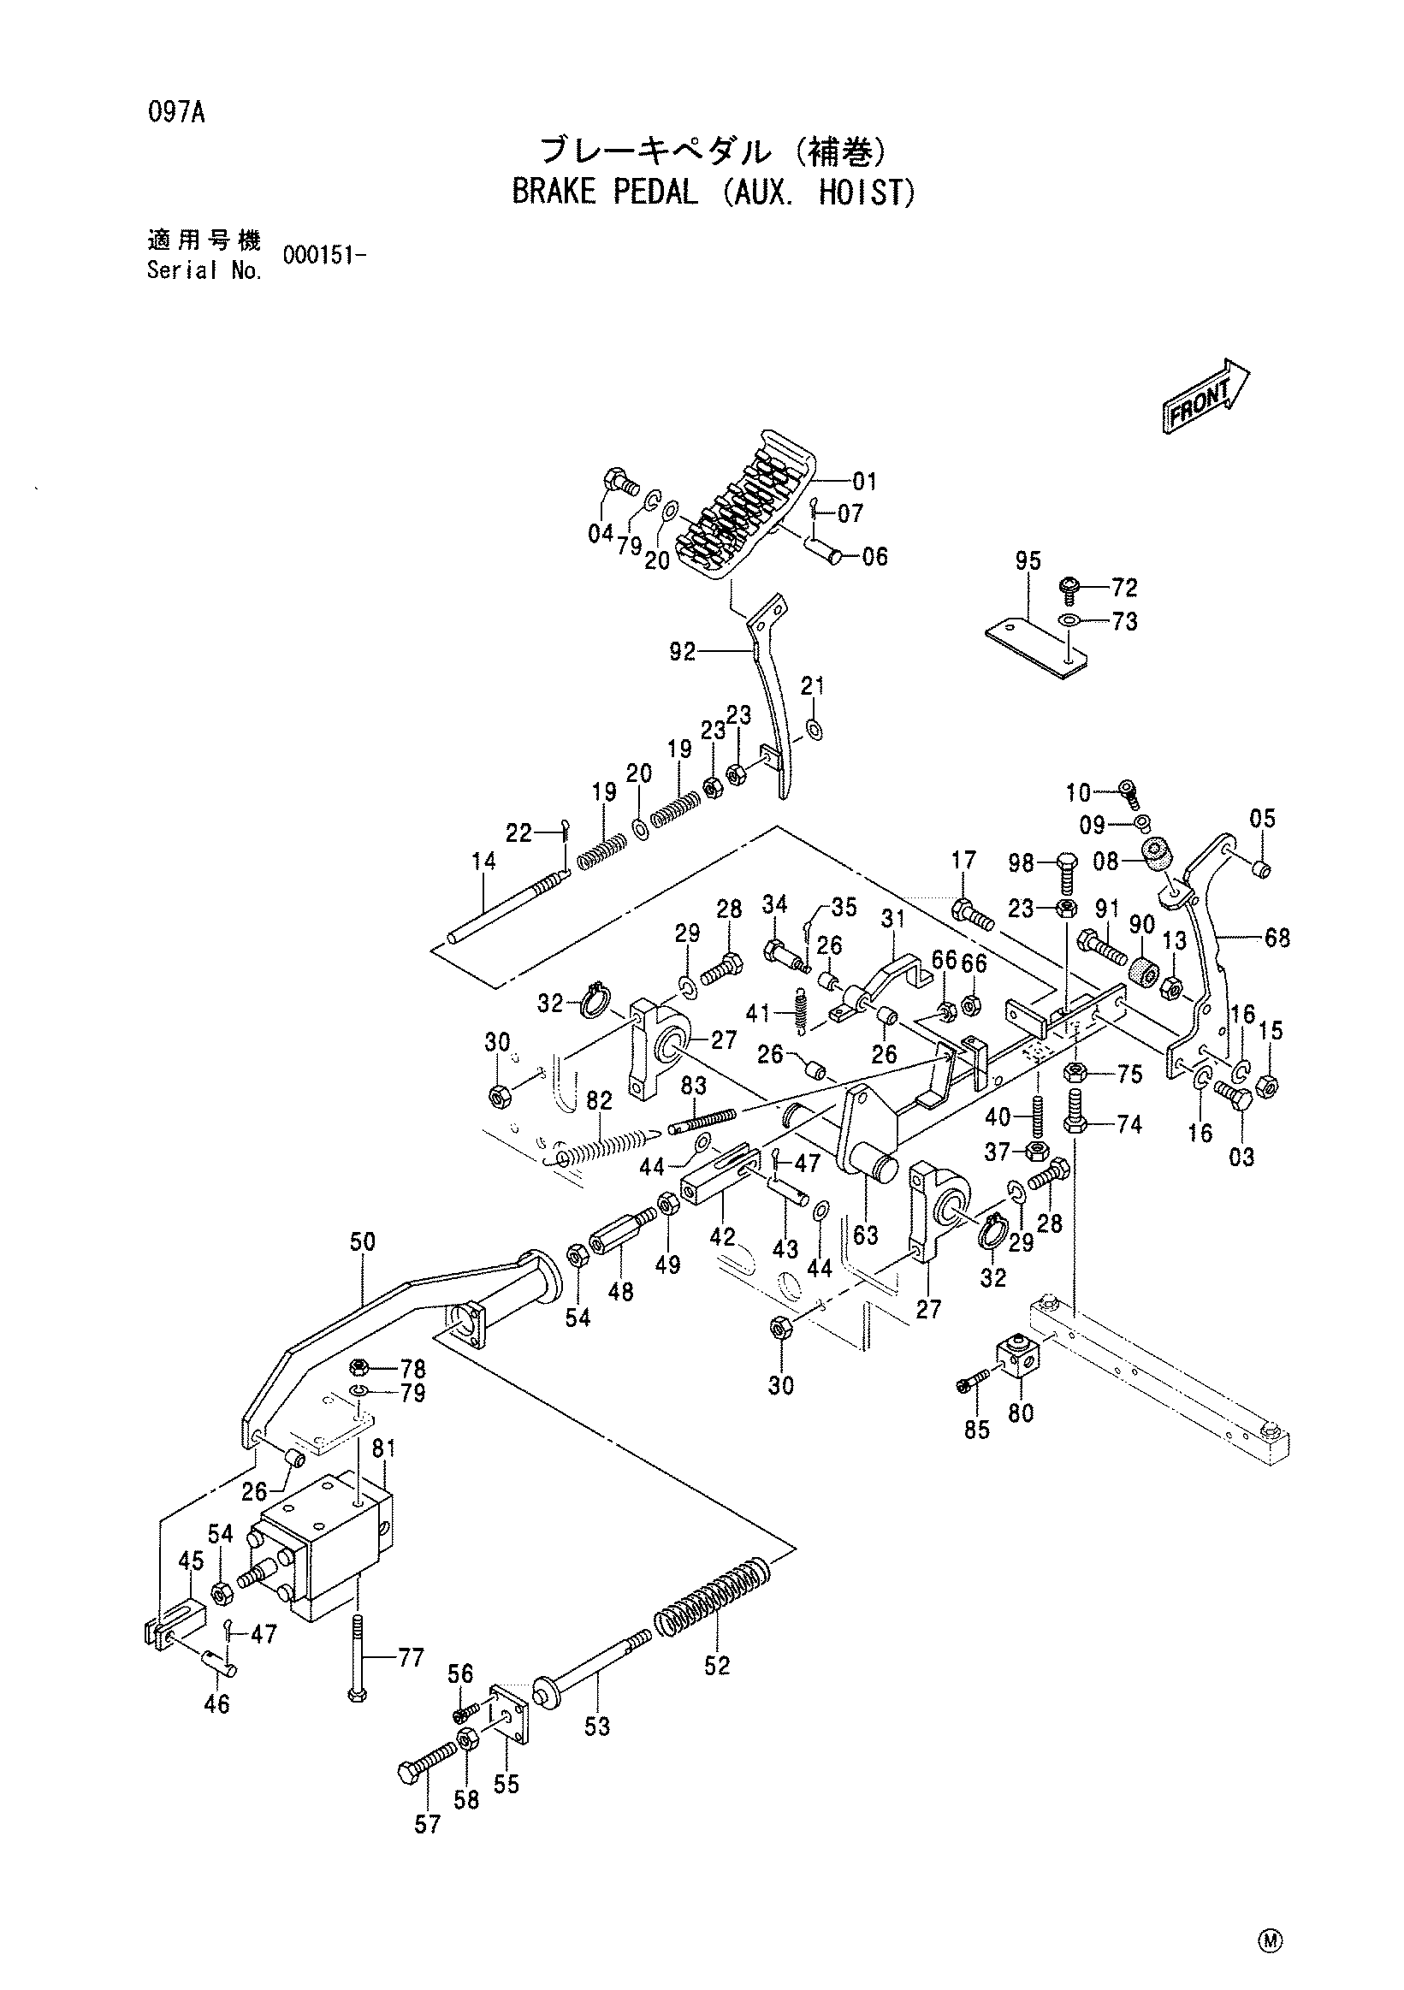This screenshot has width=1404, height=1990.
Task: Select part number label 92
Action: pos(682,650)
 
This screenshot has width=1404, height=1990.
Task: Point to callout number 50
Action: pos(362,1241)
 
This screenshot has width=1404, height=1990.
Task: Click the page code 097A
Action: pos(175,113)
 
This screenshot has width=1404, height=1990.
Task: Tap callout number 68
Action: pos(1277,937)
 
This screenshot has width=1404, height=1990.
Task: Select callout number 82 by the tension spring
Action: pos(599,1101)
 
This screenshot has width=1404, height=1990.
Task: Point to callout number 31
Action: pos(892,917)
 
